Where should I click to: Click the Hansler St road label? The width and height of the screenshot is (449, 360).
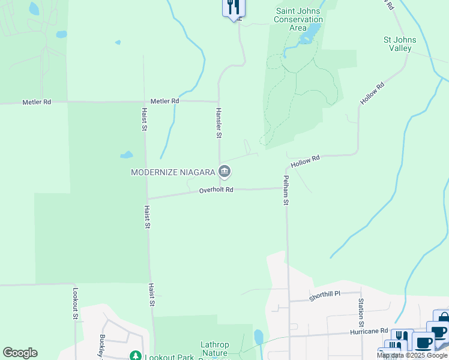point(219,123)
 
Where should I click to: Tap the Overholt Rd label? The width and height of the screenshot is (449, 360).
point(215,190)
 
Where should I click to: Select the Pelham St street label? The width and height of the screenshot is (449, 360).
point(286,190)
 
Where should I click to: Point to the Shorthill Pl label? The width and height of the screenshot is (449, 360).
point(325,294)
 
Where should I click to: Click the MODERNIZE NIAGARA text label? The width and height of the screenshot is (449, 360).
point(173,172)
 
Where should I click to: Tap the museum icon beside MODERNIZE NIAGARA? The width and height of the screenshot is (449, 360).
point(224,172)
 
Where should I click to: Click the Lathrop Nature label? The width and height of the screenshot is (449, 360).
point(214,349)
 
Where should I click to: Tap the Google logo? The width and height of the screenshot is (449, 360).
point(20,353)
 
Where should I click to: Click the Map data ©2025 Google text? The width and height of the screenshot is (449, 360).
point(411,355)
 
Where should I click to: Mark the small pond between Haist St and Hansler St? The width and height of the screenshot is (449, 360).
point(126,155)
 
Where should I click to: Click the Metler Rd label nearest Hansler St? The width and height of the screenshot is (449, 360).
point(164,101)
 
